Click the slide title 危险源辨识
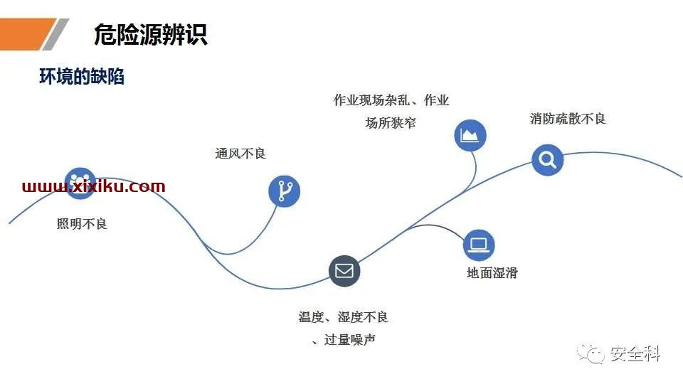[151, 34]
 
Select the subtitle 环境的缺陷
[82, 76]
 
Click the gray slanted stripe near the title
[55, 34]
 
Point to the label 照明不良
[82, 224]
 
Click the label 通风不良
[240, 154]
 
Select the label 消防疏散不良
[568, 119]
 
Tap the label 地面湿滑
[492, 273]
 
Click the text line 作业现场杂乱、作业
[391, 100]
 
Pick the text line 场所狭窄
[391, 123]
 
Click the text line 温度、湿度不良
[343, 317]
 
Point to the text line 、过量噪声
[344, 340]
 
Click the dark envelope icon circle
[344, 271]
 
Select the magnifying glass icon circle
[548, 160]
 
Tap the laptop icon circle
[479, 245]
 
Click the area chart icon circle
[470, 135]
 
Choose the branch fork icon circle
[284, 191]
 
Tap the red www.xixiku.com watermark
[94, 186]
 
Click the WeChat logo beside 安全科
[591, 353]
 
